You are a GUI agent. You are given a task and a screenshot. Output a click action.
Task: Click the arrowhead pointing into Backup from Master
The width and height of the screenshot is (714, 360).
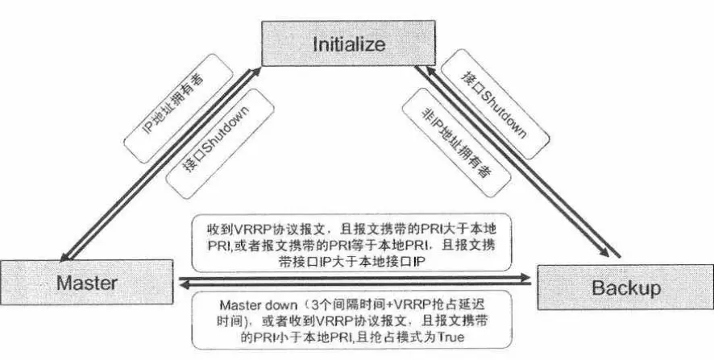[x=525, y=278]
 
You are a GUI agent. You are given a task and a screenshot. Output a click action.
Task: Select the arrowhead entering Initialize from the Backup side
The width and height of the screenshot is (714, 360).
[x=430, y=72]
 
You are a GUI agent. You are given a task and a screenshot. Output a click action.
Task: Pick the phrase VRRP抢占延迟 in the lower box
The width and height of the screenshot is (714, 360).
[x=408, y=307]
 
